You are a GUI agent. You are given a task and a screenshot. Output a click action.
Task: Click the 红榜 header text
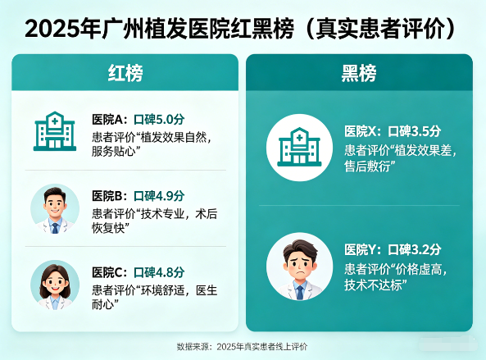[x=125, y=74]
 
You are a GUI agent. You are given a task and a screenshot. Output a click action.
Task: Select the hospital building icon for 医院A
[x=55, y=132]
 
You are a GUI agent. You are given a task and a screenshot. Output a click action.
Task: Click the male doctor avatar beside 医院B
[x=55, y=208]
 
